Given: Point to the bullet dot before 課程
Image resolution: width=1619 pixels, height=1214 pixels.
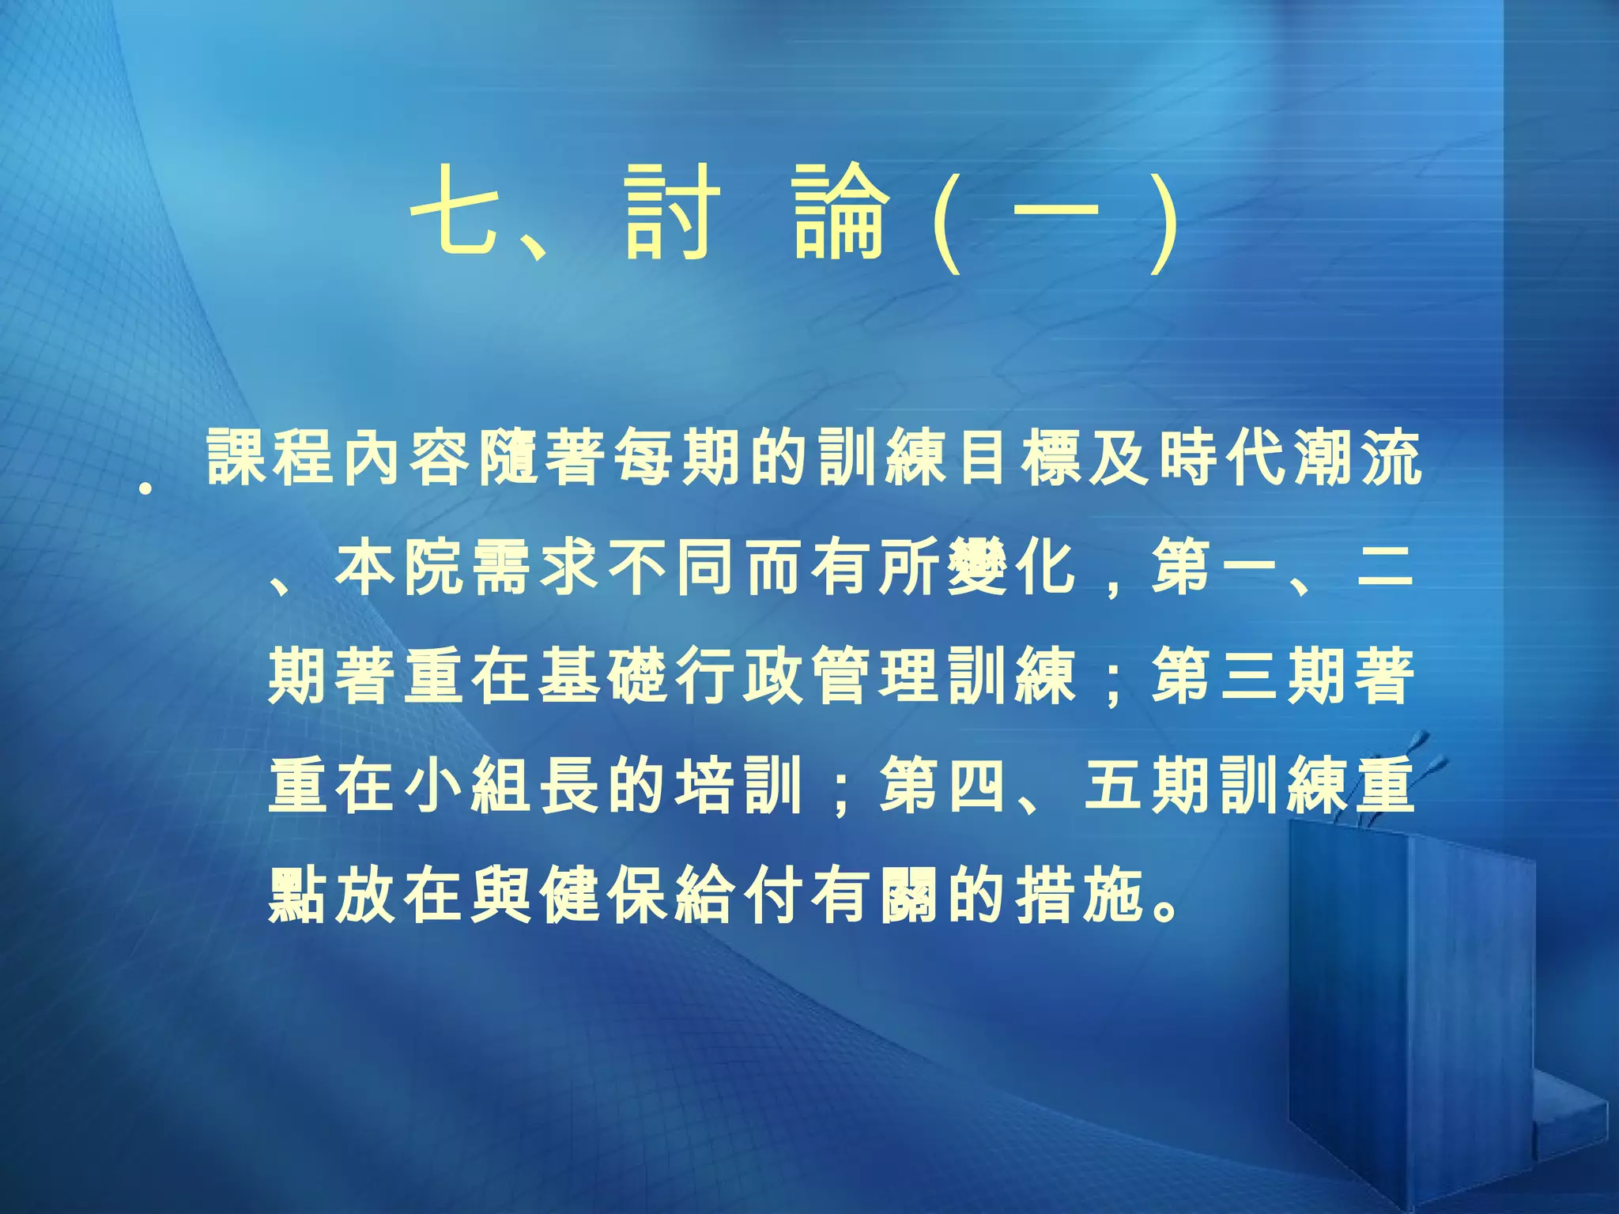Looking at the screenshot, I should (145, 489).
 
